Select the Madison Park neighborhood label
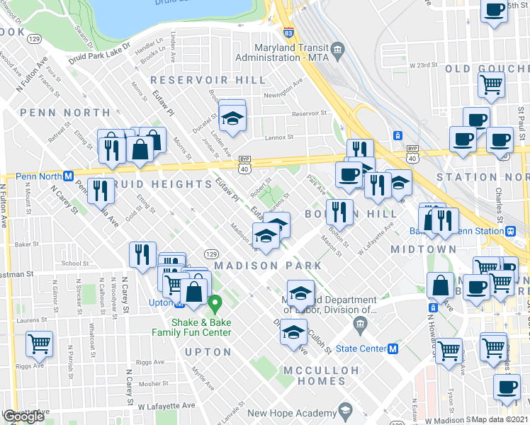[268, 266]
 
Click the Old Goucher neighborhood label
[487, 69]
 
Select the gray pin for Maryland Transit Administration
[337, 50]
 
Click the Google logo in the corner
[23, 416]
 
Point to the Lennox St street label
[279, 137]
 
